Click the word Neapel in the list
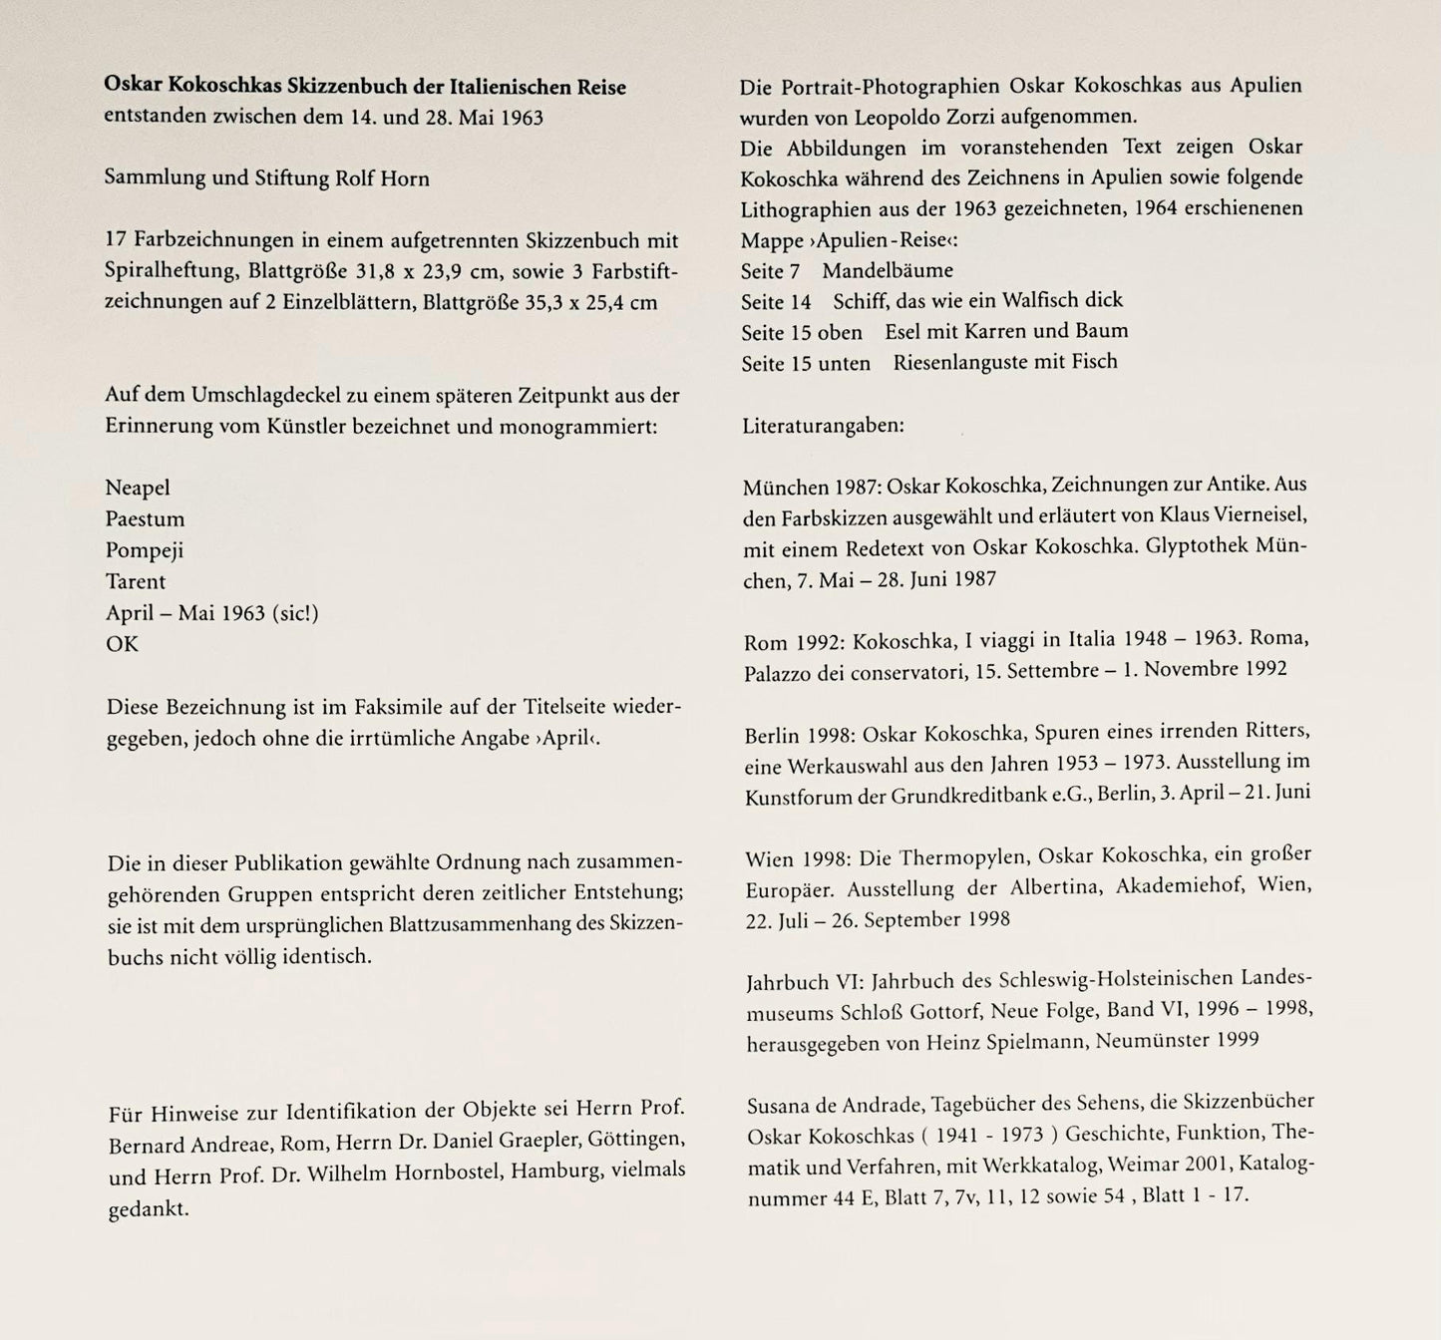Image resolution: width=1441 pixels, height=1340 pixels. (x=138, y=488)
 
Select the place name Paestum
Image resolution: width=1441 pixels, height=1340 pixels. (x=145, y=519)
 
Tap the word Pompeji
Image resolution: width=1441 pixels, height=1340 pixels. (x=145, y=550)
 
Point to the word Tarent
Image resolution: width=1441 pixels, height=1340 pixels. (x=136, y=581)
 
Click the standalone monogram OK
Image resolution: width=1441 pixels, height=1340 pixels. (x=122, y=644)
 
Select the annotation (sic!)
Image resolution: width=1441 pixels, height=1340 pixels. (x=295, y=613)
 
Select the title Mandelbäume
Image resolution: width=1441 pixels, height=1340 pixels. (x=888, y=271)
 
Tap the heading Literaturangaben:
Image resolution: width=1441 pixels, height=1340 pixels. (x=823, y=426)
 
